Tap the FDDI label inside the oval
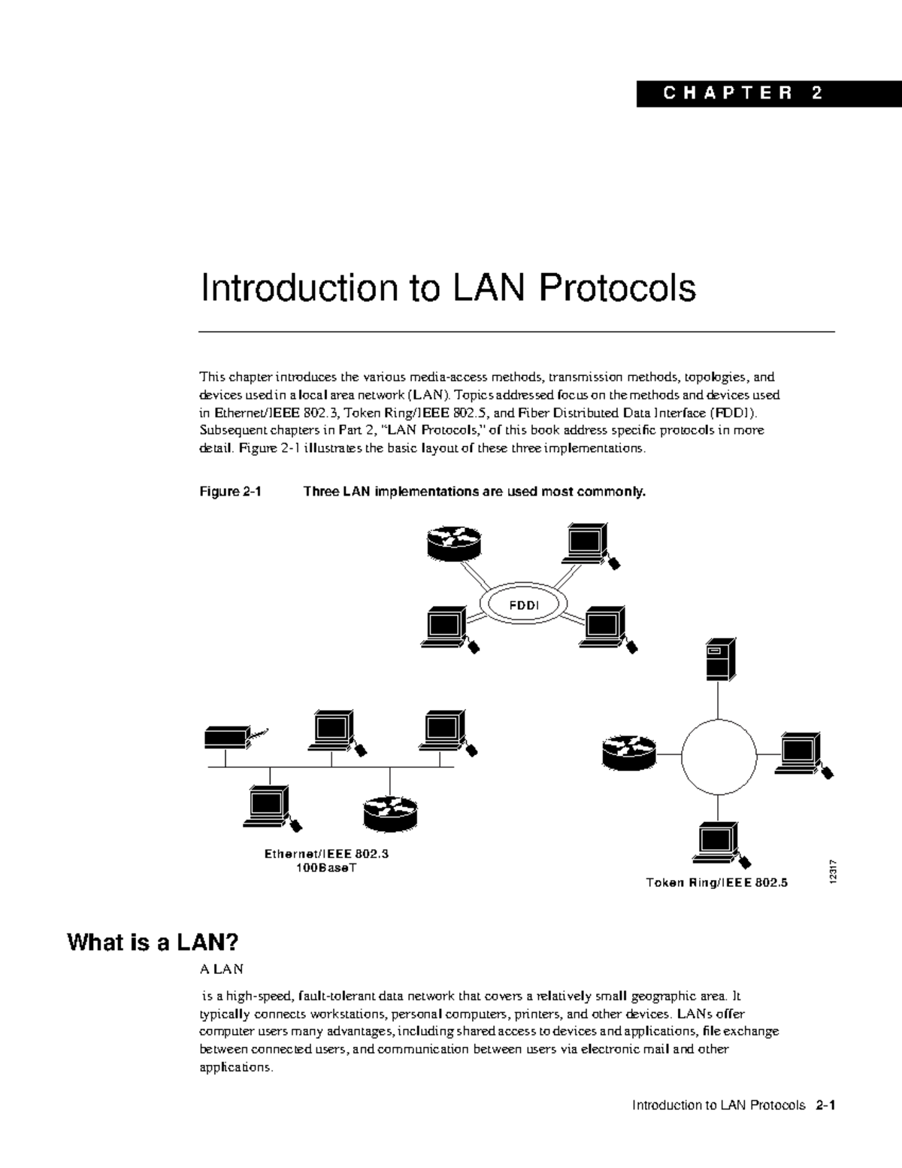click(524, 605)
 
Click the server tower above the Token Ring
click(719, 660)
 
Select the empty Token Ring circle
click(718, 757)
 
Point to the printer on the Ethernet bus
click(229, 736)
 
